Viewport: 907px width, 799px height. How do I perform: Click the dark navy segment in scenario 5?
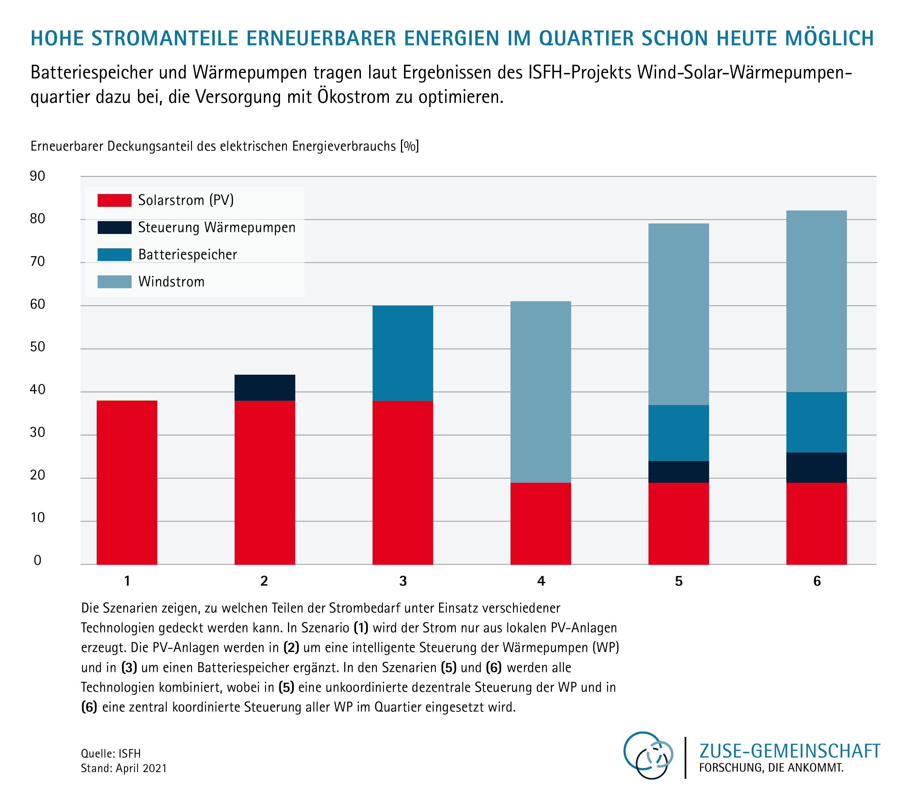tap(679, 472)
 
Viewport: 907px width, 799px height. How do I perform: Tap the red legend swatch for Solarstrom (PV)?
tap(114, 200)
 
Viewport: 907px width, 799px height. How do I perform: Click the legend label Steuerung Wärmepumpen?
tap(217, 227)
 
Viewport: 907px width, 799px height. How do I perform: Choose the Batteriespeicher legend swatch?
tap(114, 254)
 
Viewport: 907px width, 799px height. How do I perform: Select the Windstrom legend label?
tap(171, 281)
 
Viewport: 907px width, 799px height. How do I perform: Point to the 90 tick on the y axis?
tap(38, 176)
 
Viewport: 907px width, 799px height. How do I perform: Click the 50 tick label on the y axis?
tap(38, 347)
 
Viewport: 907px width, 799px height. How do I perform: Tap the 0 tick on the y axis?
tap(38, 560)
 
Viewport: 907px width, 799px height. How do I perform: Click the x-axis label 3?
tap(403, 581)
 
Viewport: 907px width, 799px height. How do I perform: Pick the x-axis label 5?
tap(679, 581)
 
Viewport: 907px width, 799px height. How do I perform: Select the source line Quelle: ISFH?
tap(111, 753)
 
